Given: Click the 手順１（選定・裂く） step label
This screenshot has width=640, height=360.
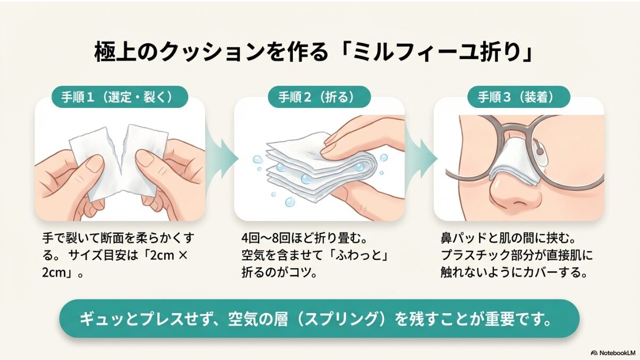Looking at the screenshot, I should [120, 97].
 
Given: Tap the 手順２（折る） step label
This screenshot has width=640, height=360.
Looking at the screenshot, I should [316, 97].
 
